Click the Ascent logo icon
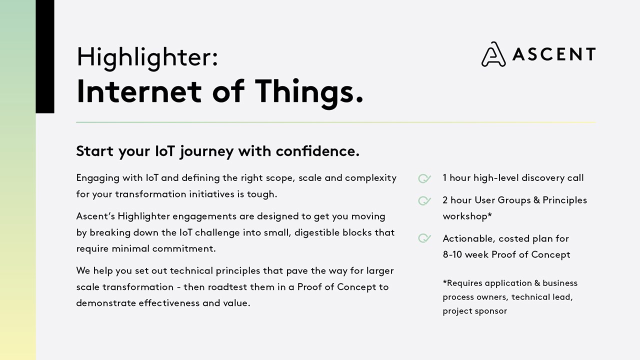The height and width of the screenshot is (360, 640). tap(493, 54)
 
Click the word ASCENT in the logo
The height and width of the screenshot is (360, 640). tap(554, 54)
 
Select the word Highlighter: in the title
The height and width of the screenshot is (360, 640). tap(147, 57)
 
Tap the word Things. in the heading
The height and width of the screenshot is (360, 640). tap(309, 92)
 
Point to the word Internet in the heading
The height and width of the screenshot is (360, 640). tap(139, 91)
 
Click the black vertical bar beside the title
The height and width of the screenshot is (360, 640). tap(45, 56)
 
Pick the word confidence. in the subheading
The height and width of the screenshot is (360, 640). tap(317, 151)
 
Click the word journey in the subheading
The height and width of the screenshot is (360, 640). tap(207, 151)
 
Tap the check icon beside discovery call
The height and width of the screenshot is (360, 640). tap(424, 178)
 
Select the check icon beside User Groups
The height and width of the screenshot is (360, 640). tap(424, 200)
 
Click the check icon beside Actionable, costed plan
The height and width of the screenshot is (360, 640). tap(424, 238)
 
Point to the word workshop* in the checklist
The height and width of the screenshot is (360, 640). tap(467, 216)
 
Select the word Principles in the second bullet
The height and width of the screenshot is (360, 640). tap(564, 200)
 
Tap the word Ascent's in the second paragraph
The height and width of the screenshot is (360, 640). tap(95, 216)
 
